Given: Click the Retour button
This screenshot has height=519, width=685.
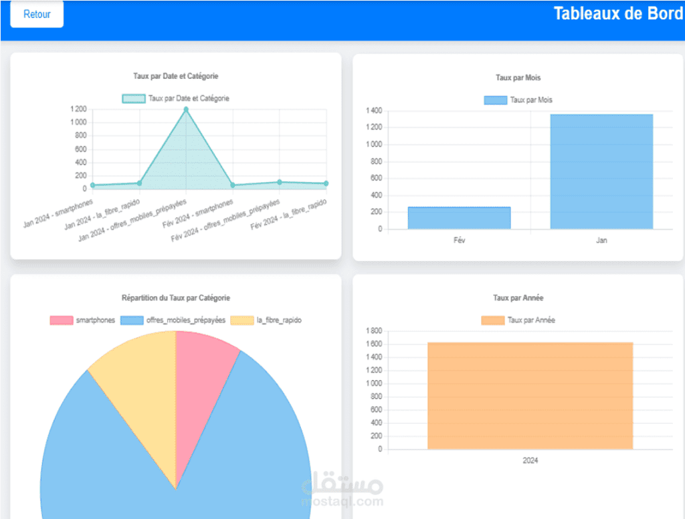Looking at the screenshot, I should (37, 14).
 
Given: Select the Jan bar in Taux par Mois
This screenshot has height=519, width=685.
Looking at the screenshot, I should (601, 172).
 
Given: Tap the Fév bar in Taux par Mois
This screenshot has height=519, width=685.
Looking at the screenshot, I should (459, 218).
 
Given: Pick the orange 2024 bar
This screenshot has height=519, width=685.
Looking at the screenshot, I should (530, 395).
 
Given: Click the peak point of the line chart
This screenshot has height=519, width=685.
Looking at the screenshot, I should (186, 109).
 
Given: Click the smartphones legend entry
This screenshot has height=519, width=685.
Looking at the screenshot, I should (83, 320).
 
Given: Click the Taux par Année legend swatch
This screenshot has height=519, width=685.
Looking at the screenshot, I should (492, 320).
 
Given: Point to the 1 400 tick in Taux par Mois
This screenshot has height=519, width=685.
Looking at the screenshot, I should (374, 110).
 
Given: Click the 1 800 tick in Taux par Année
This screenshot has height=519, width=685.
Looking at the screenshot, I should (374, 331).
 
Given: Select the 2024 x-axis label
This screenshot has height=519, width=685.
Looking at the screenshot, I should (530, 461).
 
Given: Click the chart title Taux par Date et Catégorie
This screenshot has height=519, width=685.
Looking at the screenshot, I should (176, 76).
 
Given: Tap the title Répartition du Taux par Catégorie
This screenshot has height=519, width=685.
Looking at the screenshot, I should (176, 298).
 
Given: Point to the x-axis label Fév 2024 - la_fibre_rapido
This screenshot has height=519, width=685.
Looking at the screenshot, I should (289, 215).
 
